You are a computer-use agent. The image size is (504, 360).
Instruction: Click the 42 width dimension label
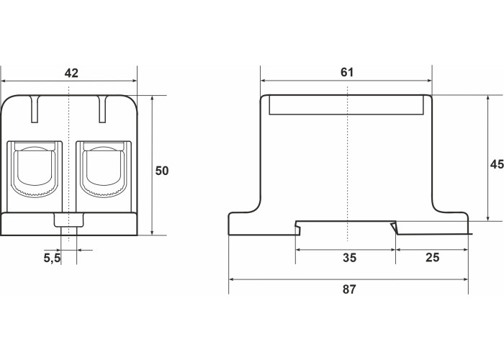71,73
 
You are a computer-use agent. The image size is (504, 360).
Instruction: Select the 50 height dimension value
162,171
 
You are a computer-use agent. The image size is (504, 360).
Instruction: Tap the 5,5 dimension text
52,258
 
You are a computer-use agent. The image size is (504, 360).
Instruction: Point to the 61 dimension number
347,72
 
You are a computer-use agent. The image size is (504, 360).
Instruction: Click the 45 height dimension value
497,164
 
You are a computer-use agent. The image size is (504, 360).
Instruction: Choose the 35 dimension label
349,258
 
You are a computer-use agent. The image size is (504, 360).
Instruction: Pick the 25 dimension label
432,258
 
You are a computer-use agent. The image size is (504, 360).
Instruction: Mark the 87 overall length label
349,289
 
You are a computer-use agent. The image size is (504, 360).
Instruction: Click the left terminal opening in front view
35,168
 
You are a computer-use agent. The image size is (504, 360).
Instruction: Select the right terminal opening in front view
103,168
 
